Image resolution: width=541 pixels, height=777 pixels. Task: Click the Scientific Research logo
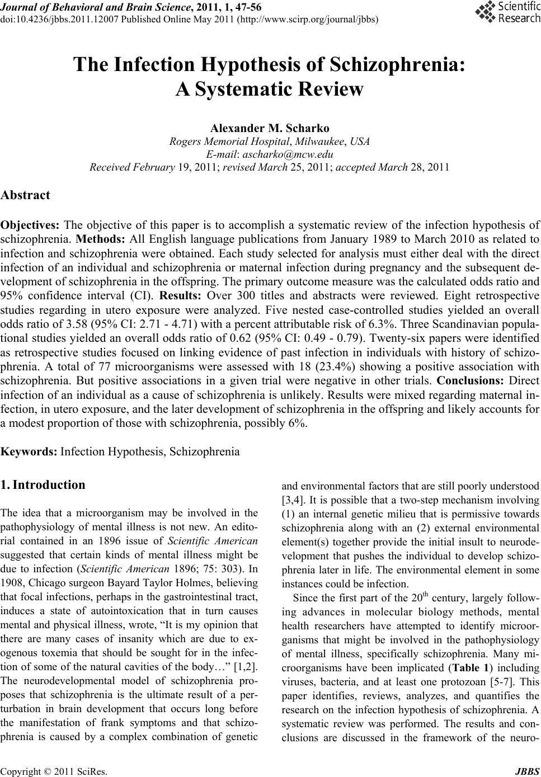(507, 12)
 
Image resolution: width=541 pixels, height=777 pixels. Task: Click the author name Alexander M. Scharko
(270, 129)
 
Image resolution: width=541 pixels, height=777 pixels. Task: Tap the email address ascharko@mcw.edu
(285, 154)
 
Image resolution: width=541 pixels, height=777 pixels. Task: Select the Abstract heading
(26, 195)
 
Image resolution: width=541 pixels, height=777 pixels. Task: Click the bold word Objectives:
(30, 226)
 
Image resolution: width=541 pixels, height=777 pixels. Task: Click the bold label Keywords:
(29, 451)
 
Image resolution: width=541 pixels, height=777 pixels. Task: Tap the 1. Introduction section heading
(43, 484)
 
